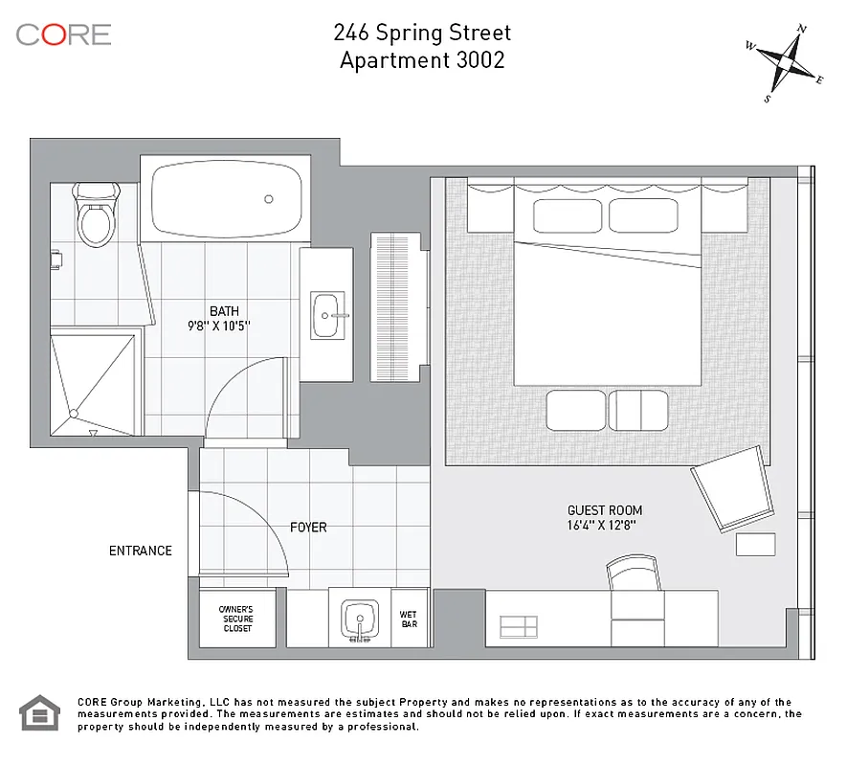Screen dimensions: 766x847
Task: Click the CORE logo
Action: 63,34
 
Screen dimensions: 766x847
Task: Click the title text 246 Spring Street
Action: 422,33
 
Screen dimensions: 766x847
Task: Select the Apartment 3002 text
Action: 422,59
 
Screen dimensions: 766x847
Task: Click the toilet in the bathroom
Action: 97,216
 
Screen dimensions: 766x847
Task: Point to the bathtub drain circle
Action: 269,199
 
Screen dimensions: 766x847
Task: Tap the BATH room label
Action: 225,310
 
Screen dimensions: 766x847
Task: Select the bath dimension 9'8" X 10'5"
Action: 225,325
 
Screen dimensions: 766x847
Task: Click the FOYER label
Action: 308,528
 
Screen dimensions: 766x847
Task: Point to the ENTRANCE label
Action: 141,551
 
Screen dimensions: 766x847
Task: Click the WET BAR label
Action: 410,619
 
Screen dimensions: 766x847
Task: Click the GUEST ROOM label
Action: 604,510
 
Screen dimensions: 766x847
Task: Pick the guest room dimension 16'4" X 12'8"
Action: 602,525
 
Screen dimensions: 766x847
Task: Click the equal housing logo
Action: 40,713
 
